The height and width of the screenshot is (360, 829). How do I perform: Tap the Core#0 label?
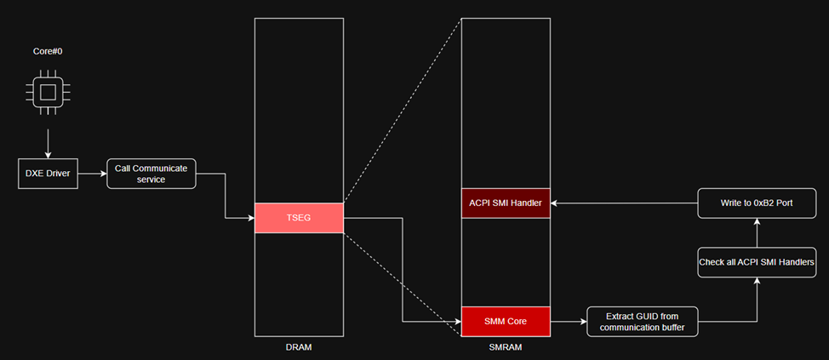(x=48, y=52)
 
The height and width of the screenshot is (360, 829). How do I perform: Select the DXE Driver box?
(x=48, y=174)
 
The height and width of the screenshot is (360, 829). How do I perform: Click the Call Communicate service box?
(x=151, y=174)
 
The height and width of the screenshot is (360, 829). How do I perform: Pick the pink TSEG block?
(x=299, y=218)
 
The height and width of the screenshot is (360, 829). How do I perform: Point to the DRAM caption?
(x=299, y=347)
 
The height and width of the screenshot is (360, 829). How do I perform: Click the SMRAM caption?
(x=506, y=347)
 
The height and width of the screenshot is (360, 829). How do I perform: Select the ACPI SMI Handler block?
(x=506, y=203)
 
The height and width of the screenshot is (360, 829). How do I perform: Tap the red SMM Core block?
(x=506, y=322)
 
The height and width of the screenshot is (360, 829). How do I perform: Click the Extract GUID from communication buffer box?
(x=643, y=322)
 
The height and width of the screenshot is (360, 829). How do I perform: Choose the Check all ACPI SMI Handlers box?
(x=757, y=262)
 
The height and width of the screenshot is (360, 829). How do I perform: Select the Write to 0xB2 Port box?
(x=757, y=203)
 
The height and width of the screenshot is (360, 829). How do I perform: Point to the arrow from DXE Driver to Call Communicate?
(x=92, y=174)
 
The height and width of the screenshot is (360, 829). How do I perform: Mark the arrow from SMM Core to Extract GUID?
(x=569, y=322)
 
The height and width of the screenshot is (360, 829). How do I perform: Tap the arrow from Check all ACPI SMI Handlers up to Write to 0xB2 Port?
(x=757, y=232)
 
